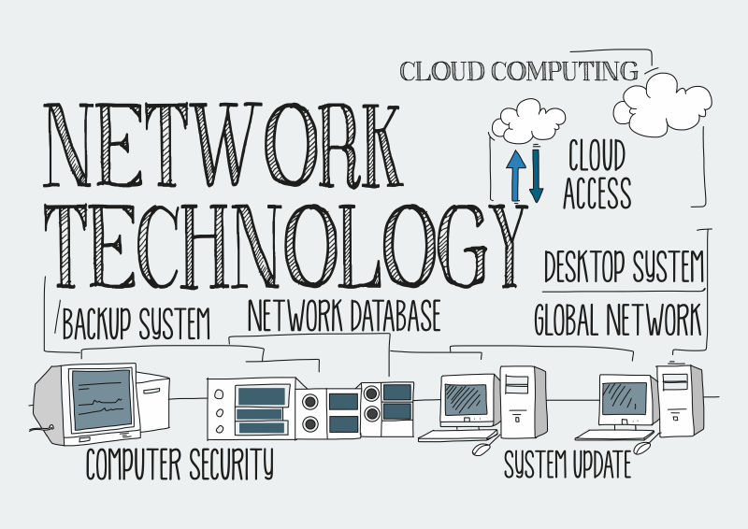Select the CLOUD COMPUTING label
pyautogui.click(x=519, y=71)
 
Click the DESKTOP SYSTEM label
pyautogui.click(x=624, y=266)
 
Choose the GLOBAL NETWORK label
pyautogui.click(x=617, y=320)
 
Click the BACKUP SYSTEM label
pyautogui.click(x=136, y=323)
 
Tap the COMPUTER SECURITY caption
pyautogui.click(x=180, y=464)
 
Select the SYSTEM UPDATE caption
pyautogui.click(x=567, y=463)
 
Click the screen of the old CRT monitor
pyautogui.click(x=102, y=395)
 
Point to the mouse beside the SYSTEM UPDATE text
pyautogui.click(x=482, y=449)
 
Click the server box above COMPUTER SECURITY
pyautogui.click(x=253, y=407)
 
